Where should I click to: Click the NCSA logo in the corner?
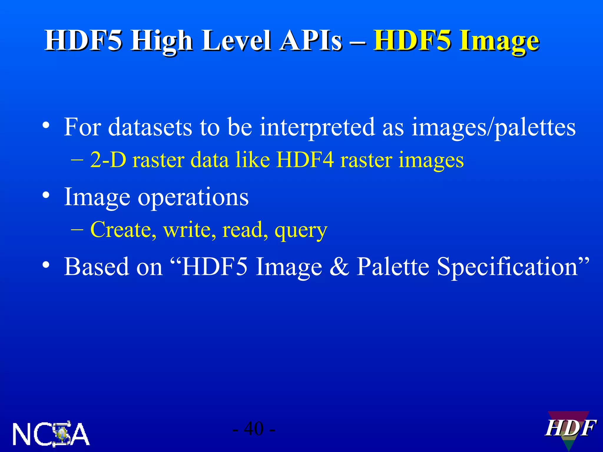(51, 434)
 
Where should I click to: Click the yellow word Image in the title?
(499, 41)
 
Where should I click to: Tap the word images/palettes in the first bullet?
(493, 127)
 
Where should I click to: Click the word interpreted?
(317, 127)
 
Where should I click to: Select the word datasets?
(150, 127)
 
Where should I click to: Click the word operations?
(193, 197)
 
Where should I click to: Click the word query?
(301, 230)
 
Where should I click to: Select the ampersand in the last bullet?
(339, 267)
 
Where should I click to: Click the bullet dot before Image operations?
(46, 195)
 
